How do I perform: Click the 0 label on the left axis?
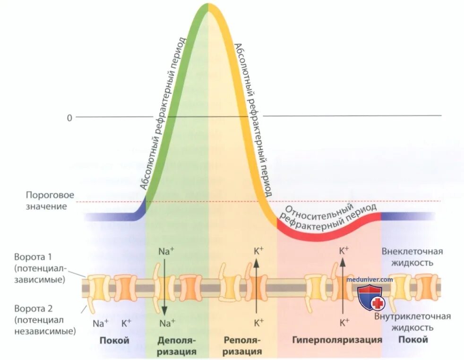[x=69, y=117]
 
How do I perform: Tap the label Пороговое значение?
[x=46, y=200]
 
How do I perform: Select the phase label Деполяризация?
[x=177, y=346]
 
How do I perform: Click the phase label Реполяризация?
[x=242, y=346]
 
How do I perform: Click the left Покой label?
[x=114, y=340]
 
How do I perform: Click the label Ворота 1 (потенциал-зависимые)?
[x=40, y=268]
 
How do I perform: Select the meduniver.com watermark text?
[x=369, y=279]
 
